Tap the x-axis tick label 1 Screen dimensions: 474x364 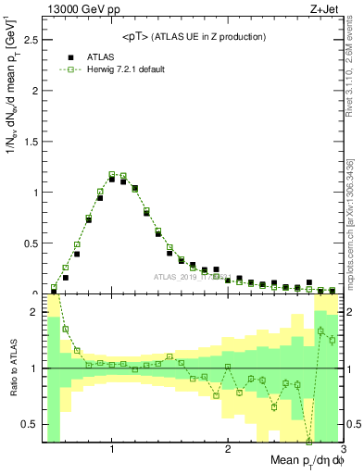point(112,451)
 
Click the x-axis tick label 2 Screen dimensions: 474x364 point(228,451)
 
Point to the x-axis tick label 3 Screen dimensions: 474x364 point(343,451)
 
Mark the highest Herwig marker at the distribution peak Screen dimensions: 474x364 point(112,174)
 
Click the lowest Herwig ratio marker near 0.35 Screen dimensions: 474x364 point(309,441)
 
